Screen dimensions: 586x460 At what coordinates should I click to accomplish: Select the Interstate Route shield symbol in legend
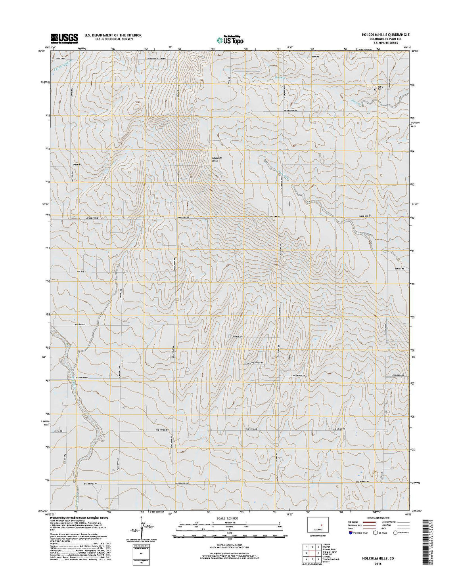tap(351, 533)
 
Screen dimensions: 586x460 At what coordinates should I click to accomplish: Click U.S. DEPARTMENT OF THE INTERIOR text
tap(113, 35)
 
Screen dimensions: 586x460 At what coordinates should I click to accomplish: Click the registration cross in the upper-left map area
tap(170, 204)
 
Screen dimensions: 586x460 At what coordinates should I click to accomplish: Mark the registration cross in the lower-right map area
tap(289, 357)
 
